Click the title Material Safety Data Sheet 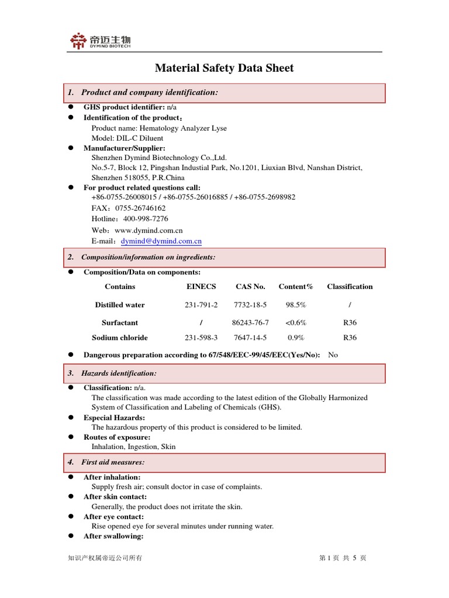224,68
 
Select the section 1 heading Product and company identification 150,93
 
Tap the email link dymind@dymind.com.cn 161,241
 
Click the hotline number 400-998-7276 145,219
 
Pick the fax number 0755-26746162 140,208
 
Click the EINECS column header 201,287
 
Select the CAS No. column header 250,287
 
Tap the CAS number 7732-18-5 250,305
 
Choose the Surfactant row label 120,322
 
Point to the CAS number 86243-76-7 250,322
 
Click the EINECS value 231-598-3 201,338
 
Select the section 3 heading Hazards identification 119,373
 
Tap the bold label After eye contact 113,517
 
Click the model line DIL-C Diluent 127,138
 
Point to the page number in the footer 343,558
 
